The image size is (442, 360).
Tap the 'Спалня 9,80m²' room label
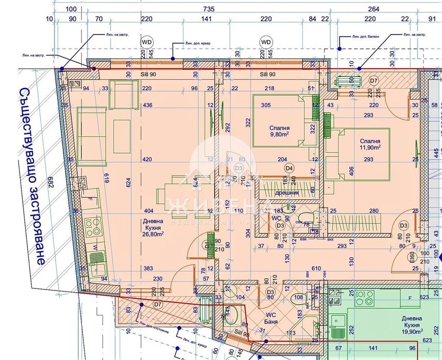click(x=279, y=132)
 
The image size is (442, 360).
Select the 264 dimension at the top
click(x=374, y=9)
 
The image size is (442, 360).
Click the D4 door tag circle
click(x=289, y=167)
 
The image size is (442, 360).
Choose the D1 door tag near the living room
click(x=208, y=245)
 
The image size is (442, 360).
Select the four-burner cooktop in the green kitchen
click(x=365, y=297)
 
